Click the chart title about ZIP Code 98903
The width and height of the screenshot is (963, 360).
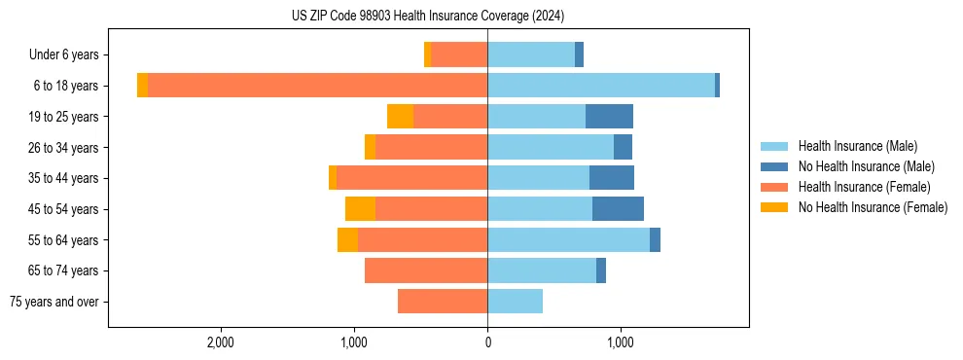pyautogui.click(x=427, y=17)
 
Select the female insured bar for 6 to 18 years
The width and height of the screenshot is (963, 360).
pyautogui.click(x=317, y=86)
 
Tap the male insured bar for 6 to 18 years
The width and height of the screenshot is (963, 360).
pyautogui.click(x=601, y=86)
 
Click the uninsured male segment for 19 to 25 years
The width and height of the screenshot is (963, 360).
pyautogui.click(x=609, y=117)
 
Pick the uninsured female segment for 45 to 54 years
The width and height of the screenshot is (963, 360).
pyautogui.click(x=360, y=209)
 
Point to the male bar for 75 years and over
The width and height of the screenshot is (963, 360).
pyautogui.click(x=515, y=302)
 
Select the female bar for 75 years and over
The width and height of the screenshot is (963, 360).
pyautogui.click(x=443, y=302)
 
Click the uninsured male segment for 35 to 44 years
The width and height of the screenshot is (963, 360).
pyautogui.click(x=612, y=178)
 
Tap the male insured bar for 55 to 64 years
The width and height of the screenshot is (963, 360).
pyautogui.click(x=568, y=240)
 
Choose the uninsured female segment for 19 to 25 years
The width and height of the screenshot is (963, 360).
pyautogui.click(x=400, y=117)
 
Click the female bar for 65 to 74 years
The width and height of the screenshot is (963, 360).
pyautogui.click(x=426, y=270)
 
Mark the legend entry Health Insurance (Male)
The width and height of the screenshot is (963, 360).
pyautogui.click(x=857, y=147)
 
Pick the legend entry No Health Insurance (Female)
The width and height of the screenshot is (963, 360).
pyautogui.click(x=873, y=207)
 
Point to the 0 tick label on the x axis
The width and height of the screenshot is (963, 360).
pyautogui.click(x=487, y=342)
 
